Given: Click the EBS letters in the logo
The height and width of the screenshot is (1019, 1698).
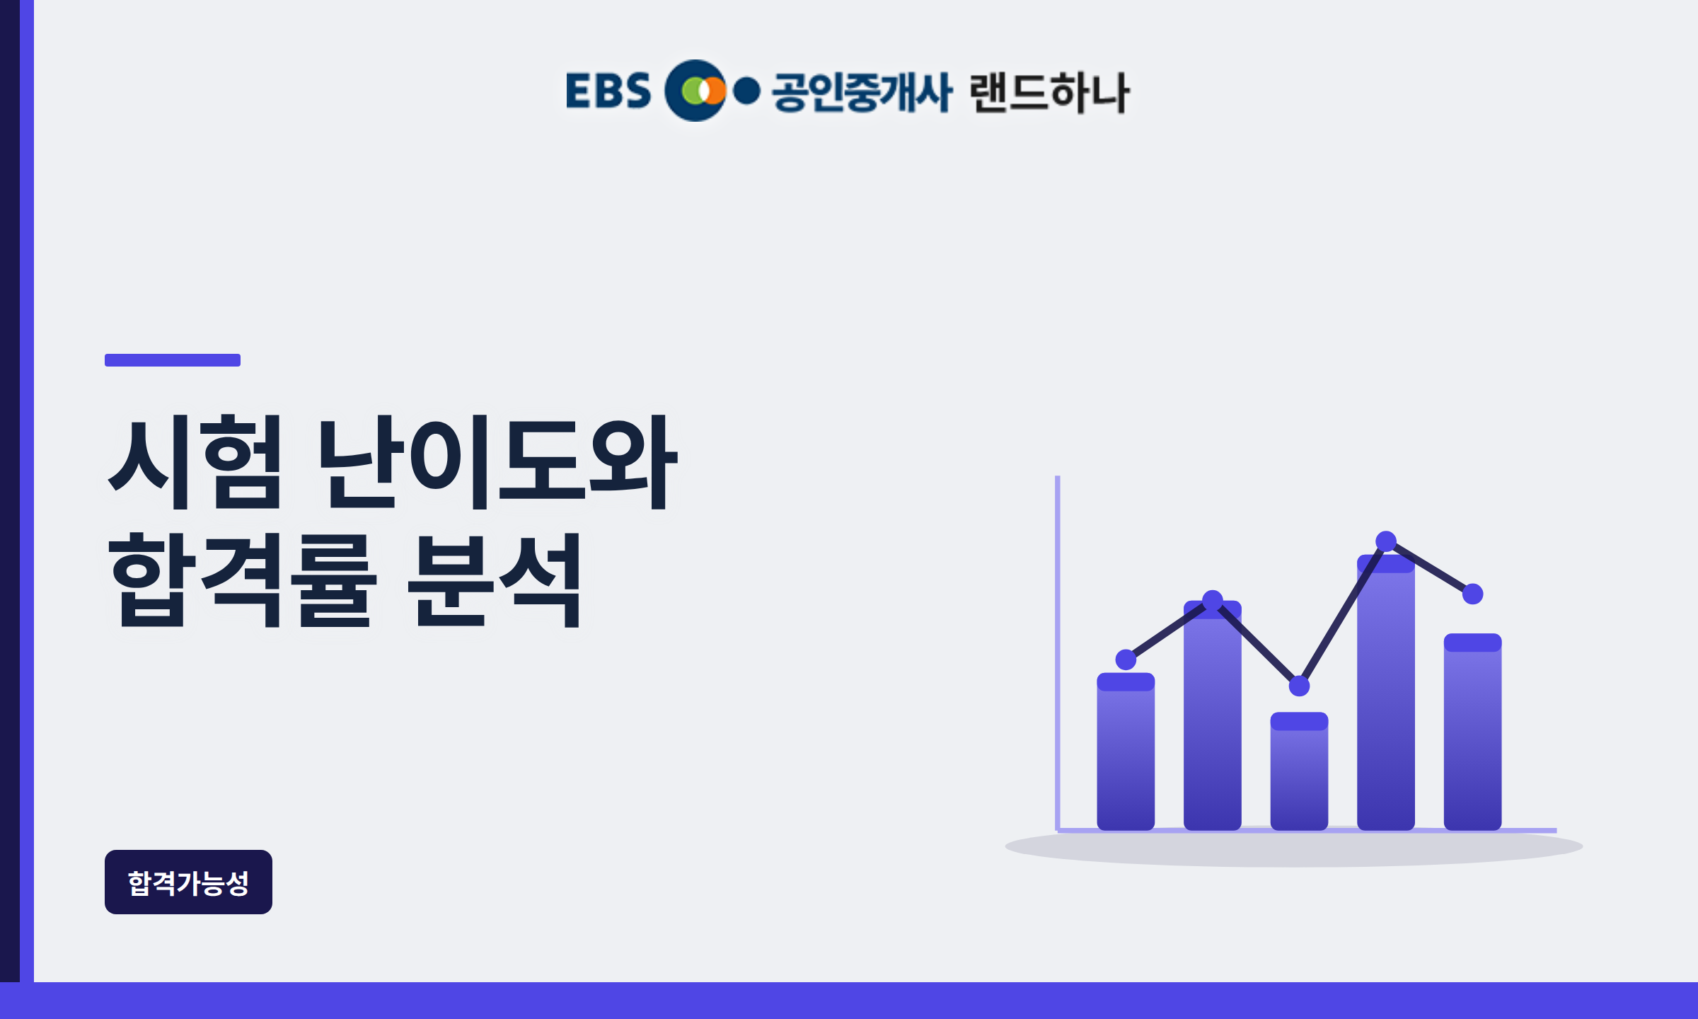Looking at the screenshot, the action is (608, 91).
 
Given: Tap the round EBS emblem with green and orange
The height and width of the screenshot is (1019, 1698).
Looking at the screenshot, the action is (695, 91).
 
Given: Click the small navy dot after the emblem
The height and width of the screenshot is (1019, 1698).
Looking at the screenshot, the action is (746, 91).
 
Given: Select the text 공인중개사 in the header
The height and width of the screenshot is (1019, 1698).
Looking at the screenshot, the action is (862, 92).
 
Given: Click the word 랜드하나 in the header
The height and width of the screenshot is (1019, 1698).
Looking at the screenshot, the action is (1050, 92).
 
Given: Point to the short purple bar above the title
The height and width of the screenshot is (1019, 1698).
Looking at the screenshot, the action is (173, 360).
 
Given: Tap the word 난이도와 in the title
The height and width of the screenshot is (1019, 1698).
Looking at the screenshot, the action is (498, 461).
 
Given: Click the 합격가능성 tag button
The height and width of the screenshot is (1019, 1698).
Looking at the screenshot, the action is (188, 882).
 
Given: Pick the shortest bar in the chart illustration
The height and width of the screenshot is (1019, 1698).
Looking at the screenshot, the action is (1299, 771).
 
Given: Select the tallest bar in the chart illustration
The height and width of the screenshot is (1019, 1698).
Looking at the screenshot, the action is (1386, 692).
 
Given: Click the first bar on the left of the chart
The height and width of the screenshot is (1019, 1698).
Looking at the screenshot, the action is (1126, 752).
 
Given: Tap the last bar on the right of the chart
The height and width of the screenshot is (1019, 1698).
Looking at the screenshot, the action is (1472, 732).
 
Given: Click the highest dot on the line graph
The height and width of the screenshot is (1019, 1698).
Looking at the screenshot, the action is (1386, 541).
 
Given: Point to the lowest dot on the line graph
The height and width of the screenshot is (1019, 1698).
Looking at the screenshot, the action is (1299, 686).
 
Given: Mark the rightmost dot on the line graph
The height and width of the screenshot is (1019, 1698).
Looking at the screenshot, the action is (1472, 594).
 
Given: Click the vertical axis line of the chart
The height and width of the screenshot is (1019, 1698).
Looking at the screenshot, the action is (1058, 652).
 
